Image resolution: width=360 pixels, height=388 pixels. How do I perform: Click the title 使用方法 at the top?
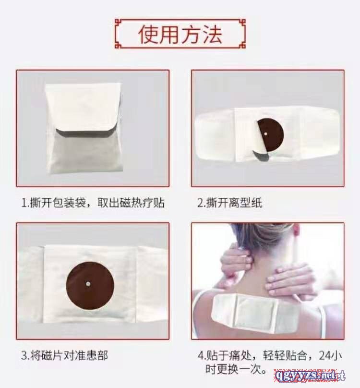180,35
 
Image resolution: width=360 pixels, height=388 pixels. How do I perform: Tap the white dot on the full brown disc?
87,284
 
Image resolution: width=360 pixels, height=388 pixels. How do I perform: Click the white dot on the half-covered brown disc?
265,133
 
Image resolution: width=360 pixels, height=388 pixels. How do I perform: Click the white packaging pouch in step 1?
84,129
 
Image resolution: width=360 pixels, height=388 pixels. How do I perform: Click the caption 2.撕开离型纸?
229,203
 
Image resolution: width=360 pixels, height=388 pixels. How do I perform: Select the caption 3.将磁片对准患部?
64,355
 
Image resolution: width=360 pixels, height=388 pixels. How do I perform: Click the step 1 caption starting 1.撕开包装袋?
93,203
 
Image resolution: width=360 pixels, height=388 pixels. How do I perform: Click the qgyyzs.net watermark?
309,376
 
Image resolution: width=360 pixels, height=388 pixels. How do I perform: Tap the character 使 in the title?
148,35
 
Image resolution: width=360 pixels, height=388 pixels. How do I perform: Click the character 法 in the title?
212,35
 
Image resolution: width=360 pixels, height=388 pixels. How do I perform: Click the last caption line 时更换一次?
236,370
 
